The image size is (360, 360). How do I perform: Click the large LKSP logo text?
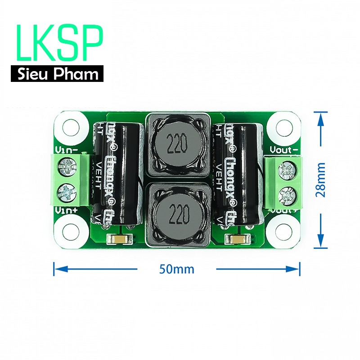coord(59,44)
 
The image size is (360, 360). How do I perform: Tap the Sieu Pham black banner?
coord(58,73)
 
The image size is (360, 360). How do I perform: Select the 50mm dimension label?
coord(177,269)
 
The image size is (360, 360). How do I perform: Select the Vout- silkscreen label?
coord(284,149)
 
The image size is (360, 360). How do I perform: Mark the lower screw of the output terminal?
coord(286,195)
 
